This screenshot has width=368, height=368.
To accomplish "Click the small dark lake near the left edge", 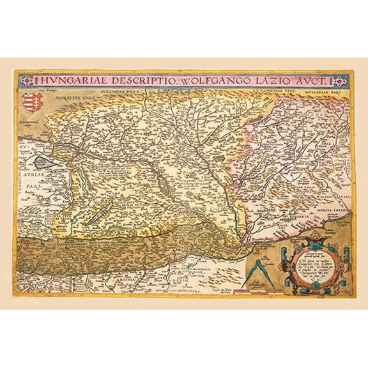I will [43, 164].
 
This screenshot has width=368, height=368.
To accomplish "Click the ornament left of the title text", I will [24, 81].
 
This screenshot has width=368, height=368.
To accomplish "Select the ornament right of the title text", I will [342, 81].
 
